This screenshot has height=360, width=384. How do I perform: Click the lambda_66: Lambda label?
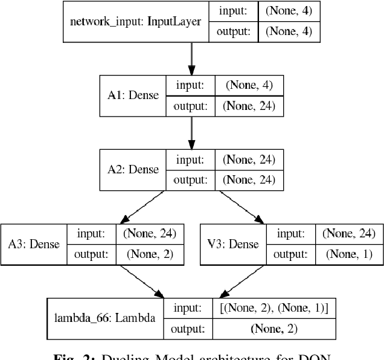[104, 318]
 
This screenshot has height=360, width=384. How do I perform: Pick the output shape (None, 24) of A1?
[249, 106]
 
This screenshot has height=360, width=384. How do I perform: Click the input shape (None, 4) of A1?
[249, 86]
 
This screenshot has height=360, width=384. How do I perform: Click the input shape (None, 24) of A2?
[249, 159]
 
